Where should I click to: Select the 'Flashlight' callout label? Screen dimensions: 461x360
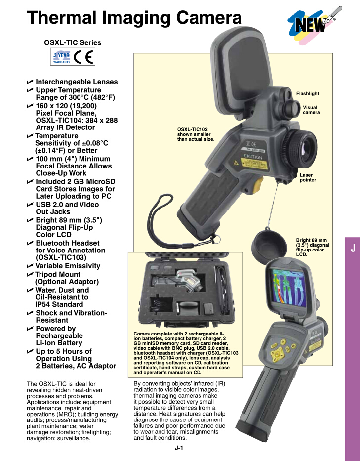[x=307, y=93]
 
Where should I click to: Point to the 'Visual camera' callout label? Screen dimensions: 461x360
[x=311, y=110]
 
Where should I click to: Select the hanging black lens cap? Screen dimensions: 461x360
[x=269, y=244]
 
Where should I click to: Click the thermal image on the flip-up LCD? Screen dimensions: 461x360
[x=290, y=289]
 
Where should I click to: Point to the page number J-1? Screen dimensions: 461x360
[x=179, y=448]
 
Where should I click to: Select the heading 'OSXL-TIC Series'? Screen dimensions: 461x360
[x=73, y=42]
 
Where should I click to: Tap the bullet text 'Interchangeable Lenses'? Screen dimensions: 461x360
[x=77, y=82]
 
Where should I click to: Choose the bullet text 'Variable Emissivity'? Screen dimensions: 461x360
[x=68, y=266]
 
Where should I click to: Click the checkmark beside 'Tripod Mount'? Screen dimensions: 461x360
[x=30, y=274]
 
